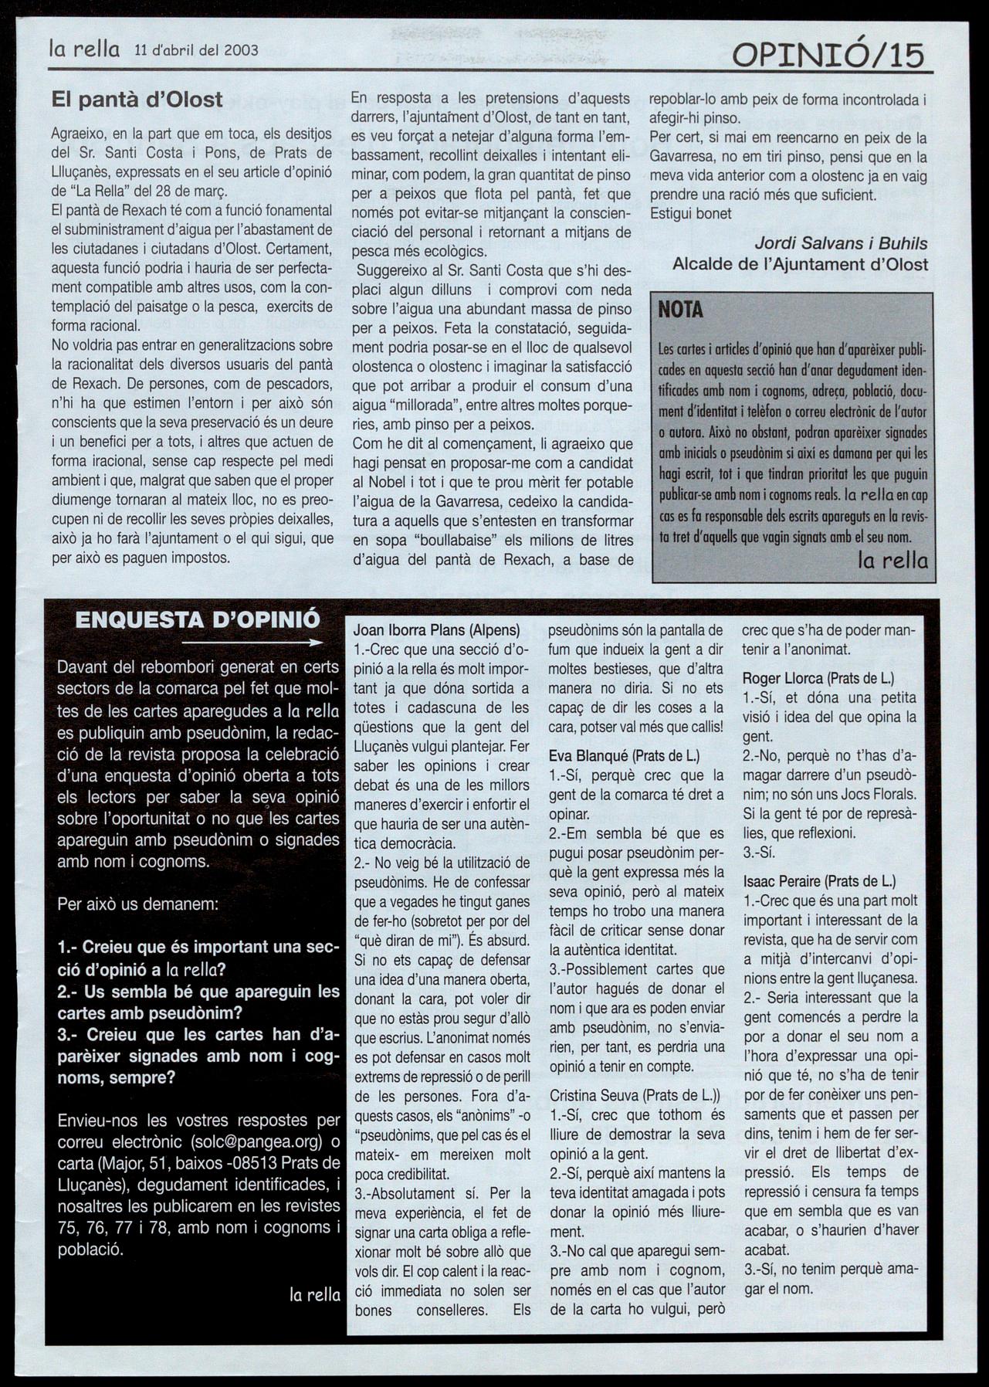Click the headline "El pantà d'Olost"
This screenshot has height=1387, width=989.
137,100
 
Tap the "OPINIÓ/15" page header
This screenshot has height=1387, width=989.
828,56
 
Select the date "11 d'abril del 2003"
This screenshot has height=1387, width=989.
196,51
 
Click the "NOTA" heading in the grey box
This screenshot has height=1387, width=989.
680,310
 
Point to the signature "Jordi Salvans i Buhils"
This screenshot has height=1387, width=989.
841,243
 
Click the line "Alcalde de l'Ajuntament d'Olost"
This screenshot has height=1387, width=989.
800,264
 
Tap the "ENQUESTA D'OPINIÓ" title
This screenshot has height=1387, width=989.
198,620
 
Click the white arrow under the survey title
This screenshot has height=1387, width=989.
252,643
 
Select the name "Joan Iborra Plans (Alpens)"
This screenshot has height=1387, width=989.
436,630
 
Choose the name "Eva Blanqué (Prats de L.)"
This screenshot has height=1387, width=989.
624,756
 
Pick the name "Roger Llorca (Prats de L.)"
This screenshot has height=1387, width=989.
818,679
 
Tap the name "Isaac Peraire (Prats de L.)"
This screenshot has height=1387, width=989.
819,881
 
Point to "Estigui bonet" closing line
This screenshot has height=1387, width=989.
691,214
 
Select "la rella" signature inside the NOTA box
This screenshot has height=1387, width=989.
892,561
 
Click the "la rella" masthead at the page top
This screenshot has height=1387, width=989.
84,50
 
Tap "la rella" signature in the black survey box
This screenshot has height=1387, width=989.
314,1295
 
